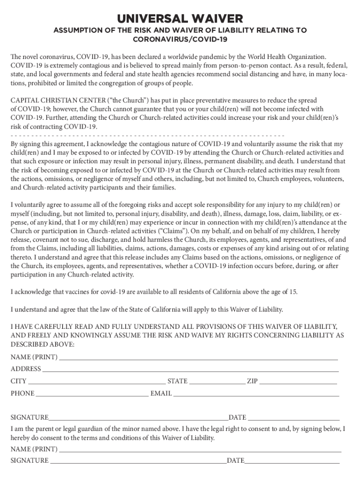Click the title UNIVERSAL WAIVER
pos(180,19)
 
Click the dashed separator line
pos(147,135)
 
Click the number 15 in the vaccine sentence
pos(292,292)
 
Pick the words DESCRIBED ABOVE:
pos(42,344)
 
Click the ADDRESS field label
pos(26,369)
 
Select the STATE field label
pos(177,381)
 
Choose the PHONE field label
pos(22,393)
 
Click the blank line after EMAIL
pos(256,394)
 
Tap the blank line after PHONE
pos(92,394)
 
